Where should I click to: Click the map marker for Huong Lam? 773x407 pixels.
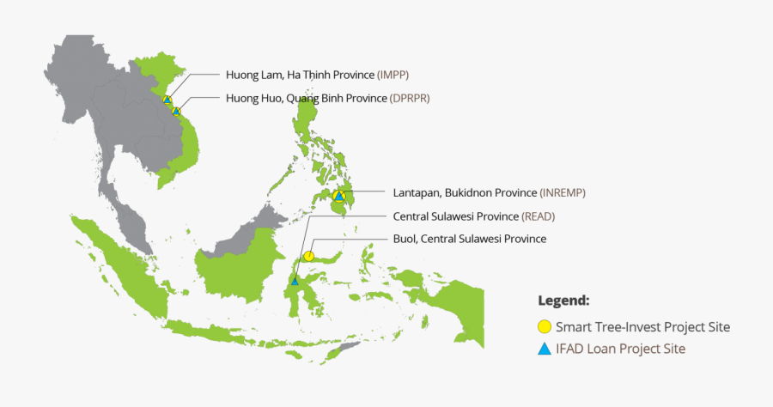[167, 100]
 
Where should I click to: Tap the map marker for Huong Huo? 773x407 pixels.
[176, 111]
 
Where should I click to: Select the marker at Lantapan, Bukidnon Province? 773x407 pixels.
[339, 197]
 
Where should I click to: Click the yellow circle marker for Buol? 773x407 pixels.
[308, 256]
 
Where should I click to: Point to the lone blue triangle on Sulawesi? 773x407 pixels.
[295, 280]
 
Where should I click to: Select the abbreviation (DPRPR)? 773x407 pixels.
[410, 98]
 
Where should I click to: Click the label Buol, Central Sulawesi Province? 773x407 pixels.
[469, 239]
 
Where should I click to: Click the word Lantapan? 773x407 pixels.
[417, 192]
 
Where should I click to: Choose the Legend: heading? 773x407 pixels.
[563, 301]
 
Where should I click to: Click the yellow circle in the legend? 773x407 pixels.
[544, 327]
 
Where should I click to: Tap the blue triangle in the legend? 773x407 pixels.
[544, 349]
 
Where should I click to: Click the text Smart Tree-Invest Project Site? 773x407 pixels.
[642, 327]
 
